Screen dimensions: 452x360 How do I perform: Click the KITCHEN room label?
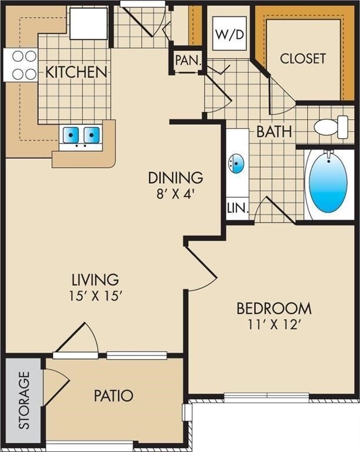pos(76,72)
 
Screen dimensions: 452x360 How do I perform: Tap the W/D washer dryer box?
pos(229,34)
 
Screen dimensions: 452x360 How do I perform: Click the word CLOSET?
pos(302,58)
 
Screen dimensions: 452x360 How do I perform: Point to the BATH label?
pos(274,131)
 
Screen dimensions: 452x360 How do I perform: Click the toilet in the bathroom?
pos(332,127)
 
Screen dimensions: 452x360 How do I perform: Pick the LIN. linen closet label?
pos(238,208)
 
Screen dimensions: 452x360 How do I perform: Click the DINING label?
pos(175,177)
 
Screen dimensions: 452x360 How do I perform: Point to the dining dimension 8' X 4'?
pos(175,193)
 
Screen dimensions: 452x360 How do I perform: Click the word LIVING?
pos(95,279)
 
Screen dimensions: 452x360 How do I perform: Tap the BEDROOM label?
pos(274,308)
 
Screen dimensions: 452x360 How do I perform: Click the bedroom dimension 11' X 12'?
pos(274,324)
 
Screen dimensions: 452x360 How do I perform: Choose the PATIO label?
pos(114,395)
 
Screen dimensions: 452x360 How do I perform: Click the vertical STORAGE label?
pos(24,400)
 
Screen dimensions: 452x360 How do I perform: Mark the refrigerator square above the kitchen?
pos(89,24)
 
